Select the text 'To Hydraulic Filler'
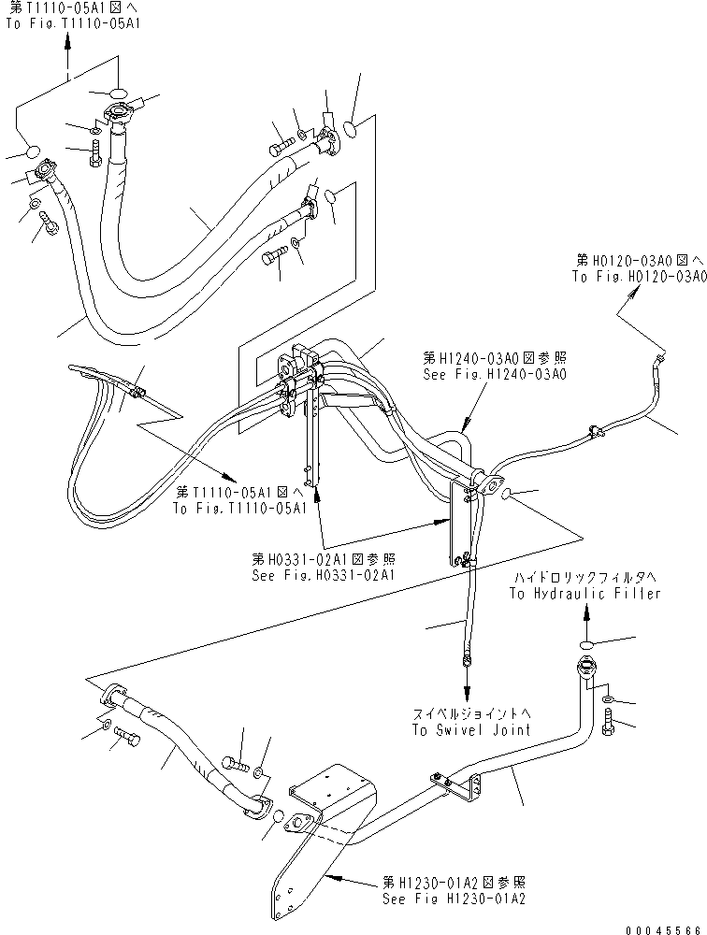(x=584, y=594)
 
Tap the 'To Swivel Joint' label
(x=469, y=729)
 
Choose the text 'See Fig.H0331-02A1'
(x=322, y=575)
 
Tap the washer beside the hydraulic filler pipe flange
(x=608, y=698)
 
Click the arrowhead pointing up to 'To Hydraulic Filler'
(x=585, y=612)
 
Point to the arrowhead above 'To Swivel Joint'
(x=467, y=662)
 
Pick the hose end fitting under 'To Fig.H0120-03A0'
(x=663, y=357)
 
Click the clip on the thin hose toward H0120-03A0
(x=592, y=431)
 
